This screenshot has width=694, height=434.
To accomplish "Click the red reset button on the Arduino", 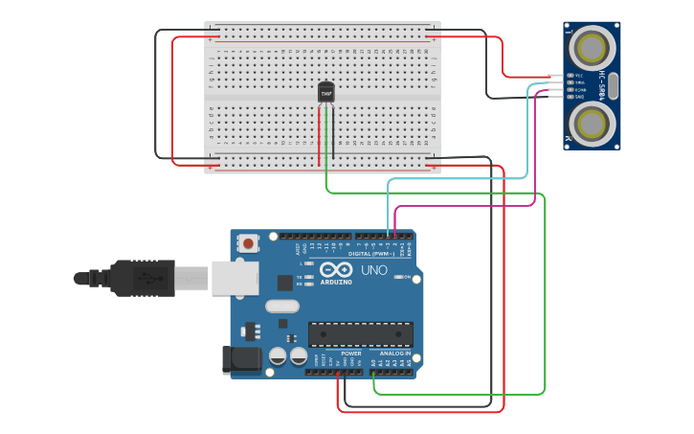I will [249, 243].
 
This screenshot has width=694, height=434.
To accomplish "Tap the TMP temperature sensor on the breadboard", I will [326, 92].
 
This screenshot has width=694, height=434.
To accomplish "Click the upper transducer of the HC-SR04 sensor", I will [592, 46].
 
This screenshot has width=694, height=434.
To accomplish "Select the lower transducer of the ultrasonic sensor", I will [592, 123].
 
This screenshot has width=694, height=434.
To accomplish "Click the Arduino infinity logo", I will [336, 270].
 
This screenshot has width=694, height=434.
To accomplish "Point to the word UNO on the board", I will [373, 270].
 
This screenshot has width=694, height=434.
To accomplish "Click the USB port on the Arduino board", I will [234, 278].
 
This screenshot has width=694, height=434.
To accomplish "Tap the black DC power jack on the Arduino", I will [240, 359].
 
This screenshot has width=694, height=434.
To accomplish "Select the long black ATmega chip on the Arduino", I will [361, 334].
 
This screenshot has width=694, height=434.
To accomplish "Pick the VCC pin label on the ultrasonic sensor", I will [578, 75].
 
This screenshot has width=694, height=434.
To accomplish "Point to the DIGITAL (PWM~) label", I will [372, 253].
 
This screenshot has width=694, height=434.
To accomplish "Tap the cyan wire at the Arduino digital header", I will [388, 233].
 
